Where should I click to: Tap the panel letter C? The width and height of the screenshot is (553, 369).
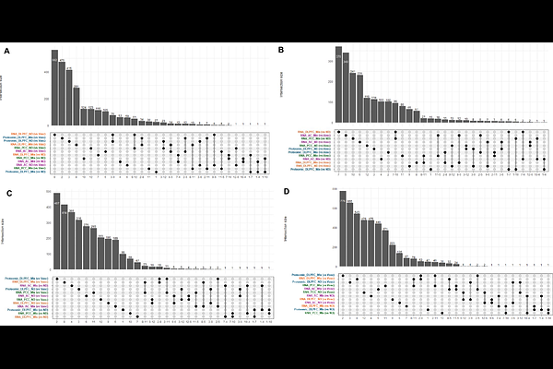click(8, 194)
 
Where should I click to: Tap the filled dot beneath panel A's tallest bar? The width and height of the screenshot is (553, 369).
click(55, 135)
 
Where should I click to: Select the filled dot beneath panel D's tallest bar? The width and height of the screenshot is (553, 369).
click(342, 275)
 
